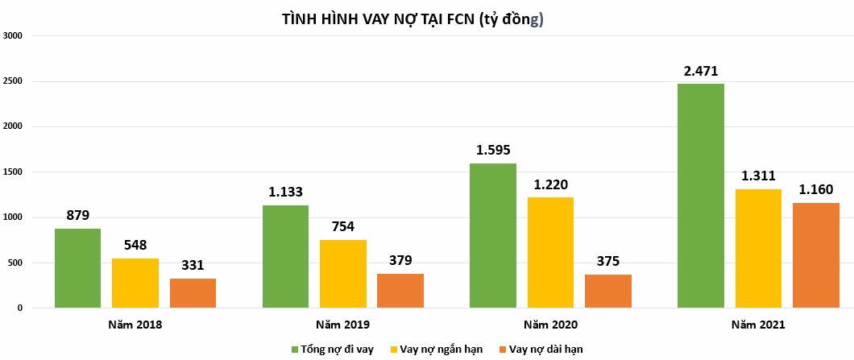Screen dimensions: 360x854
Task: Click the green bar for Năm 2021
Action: click(700, 196)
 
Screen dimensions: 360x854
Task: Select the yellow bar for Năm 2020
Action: click(550, 252)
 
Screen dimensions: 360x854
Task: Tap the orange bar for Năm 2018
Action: click(193, 293)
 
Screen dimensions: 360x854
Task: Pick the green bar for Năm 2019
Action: click(285, 256)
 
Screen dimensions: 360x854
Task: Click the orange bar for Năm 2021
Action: click(816, 255)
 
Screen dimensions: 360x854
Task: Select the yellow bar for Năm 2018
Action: click(135, 283)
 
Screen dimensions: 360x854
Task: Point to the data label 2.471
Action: click(700, 71)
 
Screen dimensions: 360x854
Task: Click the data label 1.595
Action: click(493, 151)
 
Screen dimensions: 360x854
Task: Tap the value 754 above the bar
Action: click(342, 227)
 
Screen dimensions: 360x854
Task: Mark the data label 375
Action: click(607, 261)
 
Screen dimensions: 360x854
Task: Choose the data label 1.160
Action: click(816, 190)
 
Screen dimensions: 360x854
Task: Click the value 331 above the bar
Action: click(193, 265)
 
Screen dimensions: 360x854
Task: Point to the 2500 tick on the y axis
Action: click(13, 81)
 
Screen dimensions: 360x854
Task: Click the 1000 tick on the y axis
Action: click(13, 217)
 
